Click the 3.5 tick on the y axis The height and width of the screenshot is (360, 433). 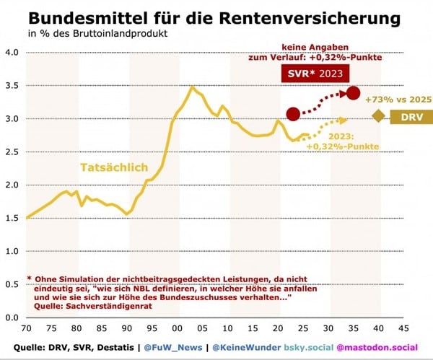[x=11, y=85]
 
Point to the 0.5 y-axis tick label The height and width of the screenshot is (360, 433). [x=11, y=284]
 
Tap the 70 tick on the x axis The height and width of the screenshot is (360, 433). [x=26, y=327]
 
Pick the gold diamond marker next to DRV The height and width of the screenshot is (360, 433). [x=378, y=116]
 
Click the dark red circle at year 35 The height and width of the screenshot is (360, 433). [x=353, y=92]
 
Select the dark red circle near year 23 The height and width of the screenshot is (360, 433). [x=293, y=114]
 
